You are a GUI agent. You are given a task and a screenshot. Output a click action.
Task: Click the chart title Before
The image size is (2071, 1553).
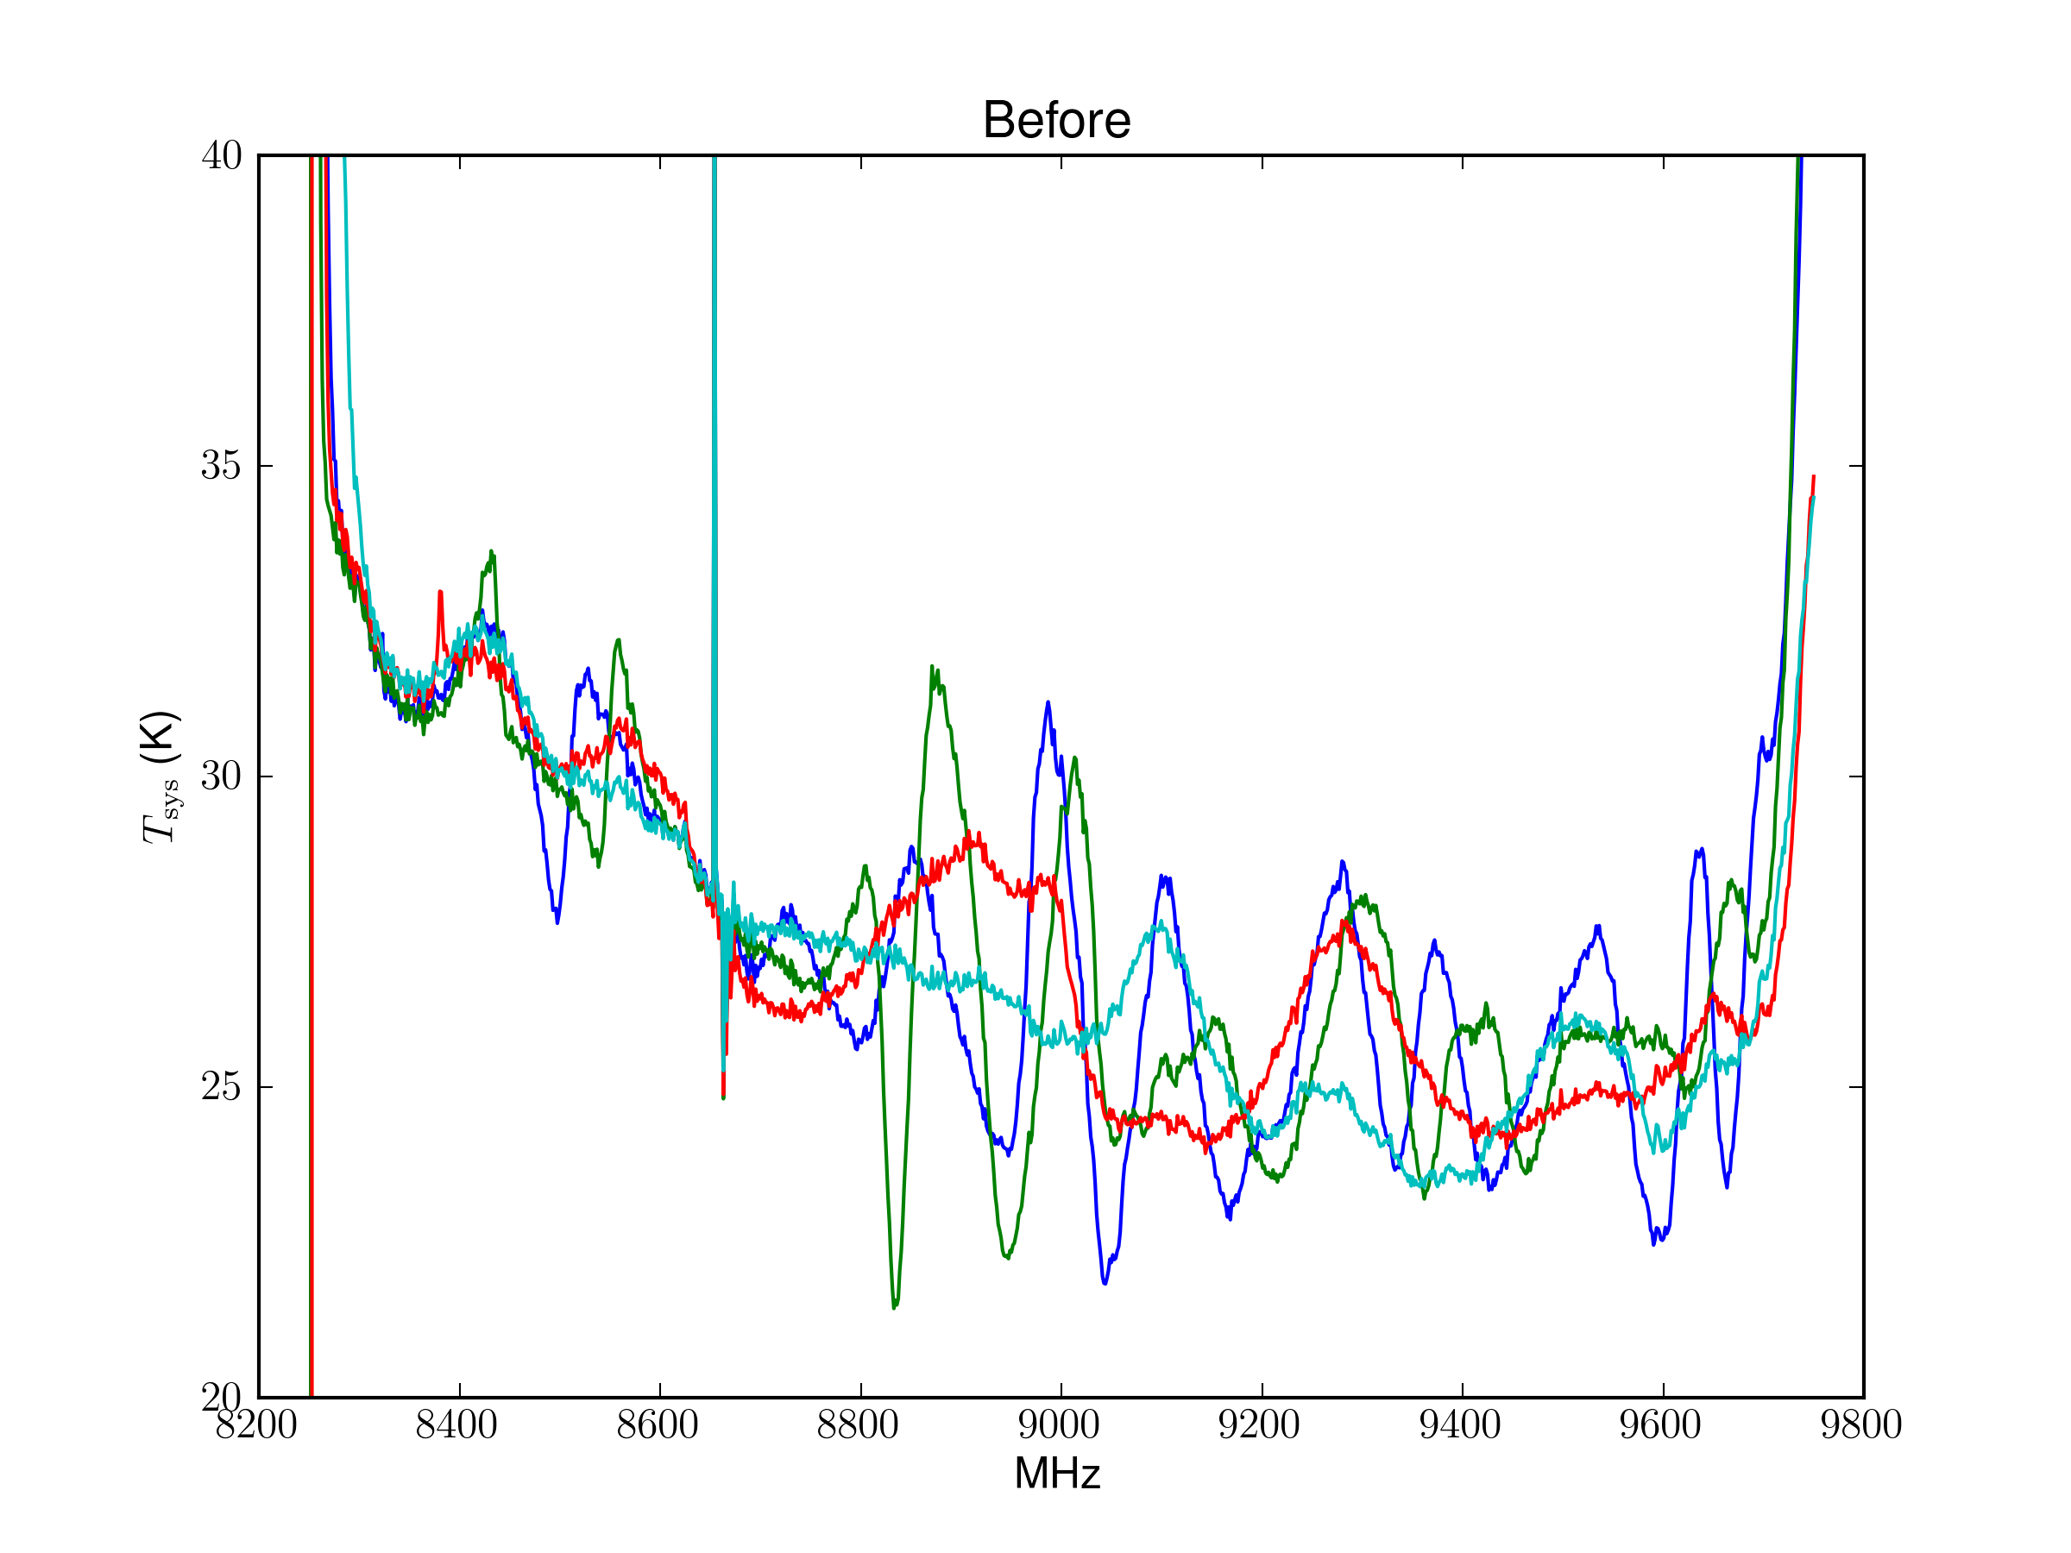click(x=1056, y=121)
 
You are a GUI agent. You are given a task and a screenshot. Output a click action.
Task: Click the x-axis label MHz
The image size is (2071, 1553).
click(x=1057, y=1474)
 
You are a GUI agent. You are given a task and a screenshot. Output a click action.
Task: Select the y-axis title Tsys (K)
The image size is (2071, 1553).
click(x=159, y=777)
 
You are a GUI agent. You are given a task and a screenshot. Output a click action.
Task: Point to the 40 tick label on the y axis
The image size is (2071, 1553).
click(x=221, y=155)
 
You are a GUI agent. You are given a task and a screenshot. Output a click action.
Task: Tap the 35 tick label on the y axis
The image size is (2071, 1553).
click(x=221, y=465)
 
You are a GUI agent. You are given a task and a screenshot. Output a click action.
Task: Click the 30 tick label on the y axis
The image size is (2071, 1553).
click(x=221, y=776)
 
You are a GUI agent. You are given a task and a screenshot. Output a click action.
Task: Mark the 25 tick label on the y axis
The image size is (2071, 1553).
click(x=221, y=1087)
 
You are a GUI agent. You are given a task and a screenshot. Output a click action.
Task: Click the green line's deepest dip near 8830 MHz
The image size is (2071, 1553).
click(x=894, y=1307)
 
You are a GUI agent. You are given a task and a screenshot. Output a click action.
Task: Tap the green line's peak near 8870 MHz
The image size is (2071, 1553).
click(x=933, y=668)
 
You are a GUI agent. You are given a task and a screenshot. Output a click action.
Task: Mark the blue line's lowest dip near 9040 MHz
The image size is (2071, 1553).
click(x=1105, y=1282)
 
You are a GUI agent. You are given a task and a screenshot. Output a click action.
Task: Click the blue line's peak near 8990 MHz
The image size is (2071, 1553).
click(x=1048, y=702)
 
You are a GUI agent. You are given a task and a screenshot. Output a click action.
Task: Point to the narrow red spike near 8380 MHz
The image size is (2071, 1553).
click(x=440, y=593)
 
